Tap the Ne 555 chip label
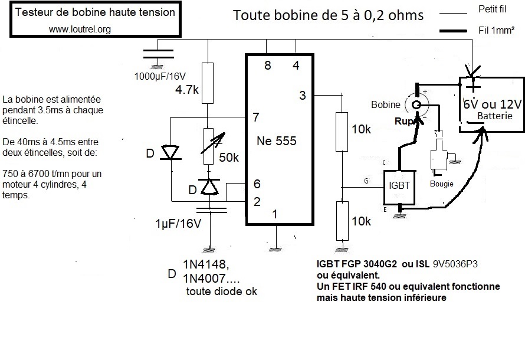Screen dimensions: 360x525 (277, 142)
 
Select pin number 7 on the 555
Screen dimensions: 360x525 (255, 117)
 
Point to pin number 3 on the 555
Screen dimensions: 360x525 (302, 96)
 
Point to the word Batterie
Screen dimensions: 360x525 (494, 116)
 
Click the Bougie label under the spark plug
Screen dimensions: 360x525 (442, 184)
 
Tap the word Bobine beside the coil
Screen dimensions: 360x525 (385, 104)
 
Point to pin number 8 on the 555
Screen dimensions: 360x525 (267, 66)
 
